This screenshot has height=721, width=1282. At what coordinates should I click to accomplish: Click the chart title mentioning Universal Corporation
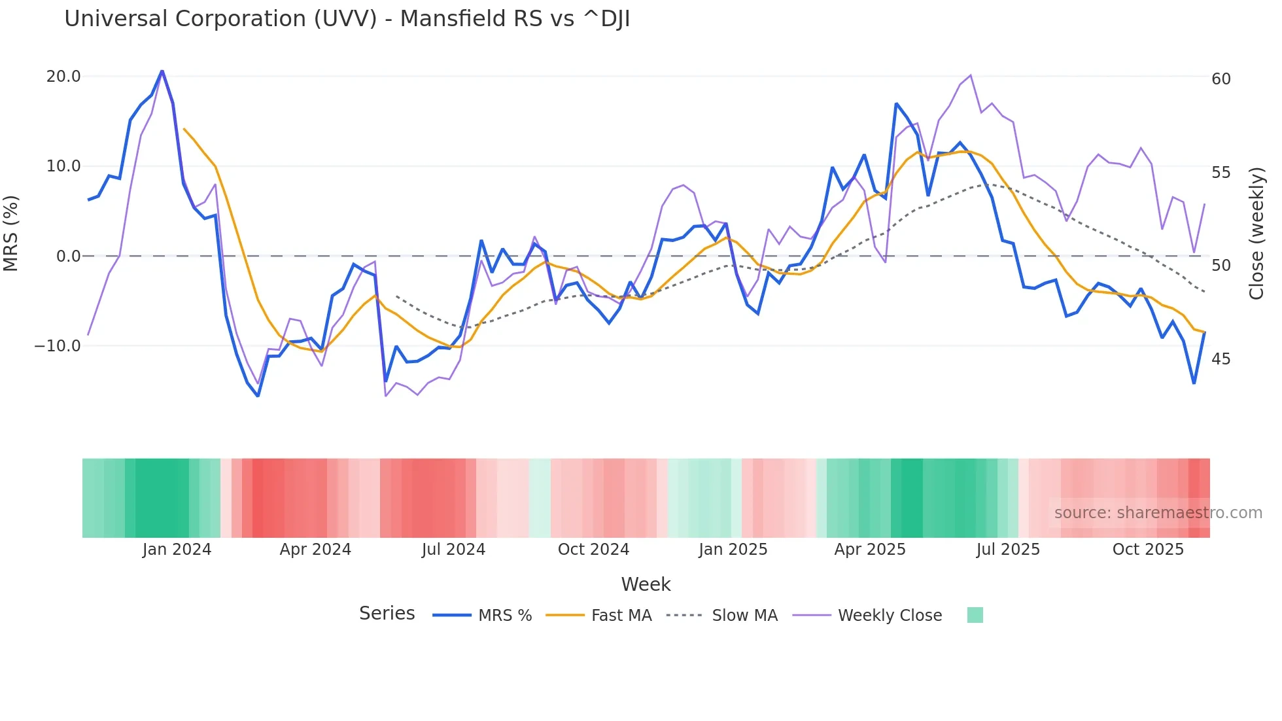point(347,19)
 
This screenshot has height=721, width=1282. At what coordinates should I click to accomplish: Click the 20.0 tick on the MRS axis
point(63,77)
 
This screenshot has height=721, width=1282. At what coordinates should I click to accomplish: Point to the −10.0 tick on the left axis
point(58,346)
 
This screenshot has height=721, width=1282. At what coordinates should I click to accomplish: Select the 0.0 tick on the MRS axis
point(68,256)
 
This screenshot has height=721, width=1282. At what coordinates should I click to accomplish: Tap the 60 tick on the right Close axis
point(1221,79)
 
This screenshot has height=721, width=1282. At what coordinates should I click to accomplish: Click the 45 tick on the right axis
point(1221,359)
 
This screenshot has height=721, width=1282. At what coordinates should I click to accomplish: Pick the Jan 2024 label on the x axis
point(177,550)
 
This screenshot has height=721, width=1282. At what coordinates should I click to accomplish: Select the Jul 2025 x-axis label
point(1008,550)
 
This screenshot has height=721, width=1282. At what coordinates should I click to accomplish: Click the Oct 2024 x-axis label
point(593,550)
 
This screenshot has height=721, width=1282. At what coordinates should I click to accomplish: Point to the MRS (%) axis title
point(11,234)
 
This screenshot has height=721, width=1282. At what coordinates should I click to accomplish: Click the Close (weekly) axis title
point(1256,234)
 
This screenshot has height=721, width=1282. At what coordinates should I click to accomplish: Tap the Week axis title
point(646,584)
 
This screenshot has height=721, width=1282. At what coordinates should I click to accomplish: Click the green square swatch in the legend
point(975,616)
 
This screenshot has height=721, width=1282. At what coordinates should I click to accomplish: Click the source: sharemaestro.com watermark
point(1158,513)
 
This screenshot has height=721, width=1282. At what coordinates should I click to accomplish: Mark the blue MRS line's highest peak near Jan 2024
point(162,71)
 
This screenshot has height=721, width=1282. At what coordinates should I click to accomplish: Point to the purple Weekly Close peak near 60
point(971,75)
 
